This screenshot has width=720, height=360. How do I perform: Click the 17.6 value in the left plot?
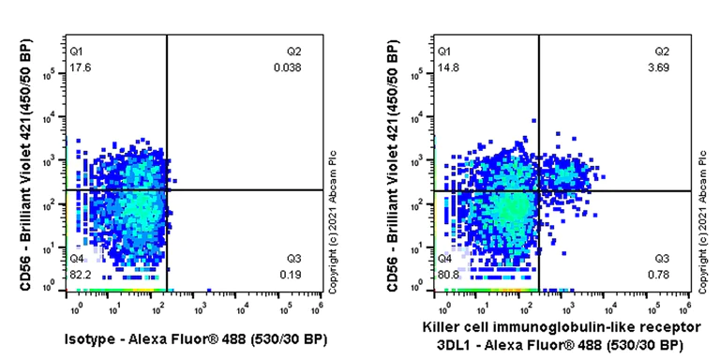point(79,67)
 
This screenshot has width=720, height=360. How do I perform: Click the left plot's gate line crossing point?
point(167,190)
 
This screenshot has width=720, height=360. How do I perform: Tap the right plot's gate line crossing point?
point(538,190)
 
